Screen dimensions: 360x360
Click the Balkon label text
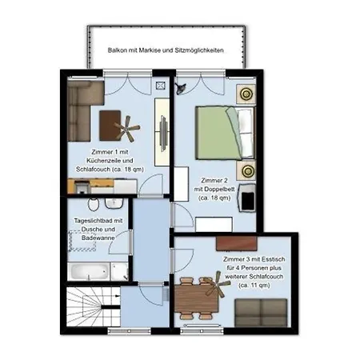(166, 50)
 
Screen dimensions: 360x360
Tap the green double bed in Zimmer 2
(226, 133)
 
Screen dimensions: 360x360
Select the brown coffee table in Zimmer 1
(110, 126)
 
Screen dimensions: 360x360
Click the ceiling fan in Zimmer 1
(127, 129)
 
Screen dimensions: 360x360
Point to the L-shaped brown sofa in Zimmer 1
(80, 110)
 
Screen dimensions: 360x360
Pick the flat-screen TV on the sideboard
(164, 134)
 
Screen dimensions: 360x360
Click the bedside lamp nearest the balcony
(246, 94)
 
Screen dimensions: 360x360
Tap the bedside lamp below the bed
(246, 170)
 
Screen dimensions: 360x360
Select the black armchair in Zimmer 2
(247, 198)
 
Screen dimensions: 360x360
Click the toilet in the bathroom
(94, 204)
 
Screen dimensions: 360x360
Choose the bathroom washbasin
(114, 203)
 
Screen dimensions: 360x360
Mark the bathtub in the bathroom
(89, 271)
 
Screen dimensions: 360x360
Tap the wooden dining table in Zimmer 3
(197, 298)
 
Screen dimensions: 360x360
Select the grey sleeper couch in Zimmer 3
(261, 313)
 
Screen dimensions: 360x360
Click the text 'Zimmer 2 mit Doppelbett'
(214, 189)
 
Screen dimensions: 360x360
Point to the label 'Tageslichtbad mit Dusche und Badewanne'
(98, 230)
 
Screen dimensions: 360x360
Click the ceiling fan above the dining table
(217, 284)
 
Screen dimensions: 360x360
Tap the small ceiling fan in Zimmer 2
(181, 88)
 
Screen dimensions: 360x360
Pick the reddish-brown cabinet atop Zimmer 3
(237, 243)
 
